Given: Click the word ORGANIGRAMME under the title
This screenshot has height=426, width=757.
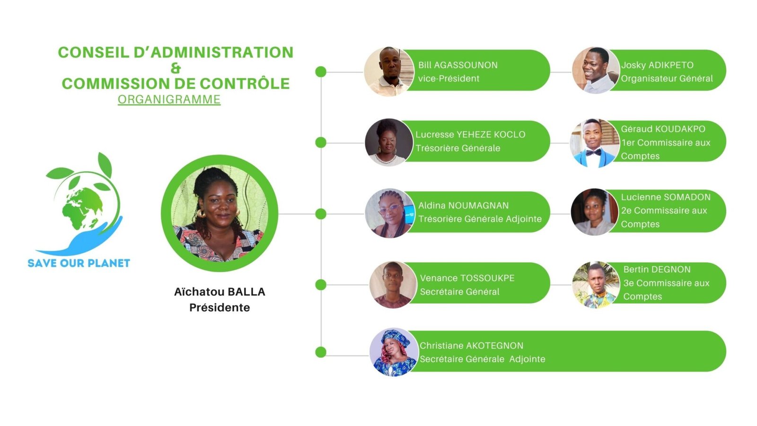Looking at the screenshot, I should (169, 99).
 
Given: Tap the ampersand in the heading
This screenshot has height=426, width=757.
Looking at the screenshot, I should (176, 68).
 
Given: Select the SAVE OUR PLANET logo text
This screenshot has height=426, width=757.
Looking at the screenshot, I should (79, 263).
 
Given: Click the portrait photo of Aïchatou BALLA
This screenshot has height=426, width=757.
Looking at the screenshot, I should (220, 213).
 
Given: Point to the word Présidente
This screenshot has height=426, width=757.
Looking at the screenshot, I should (220, 308).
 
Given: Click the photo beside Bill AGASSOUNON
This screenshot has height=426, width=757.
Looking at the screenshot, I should (388, 71).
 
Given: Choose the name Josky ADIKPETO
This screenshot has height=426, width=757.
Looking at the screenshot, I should (657, 65).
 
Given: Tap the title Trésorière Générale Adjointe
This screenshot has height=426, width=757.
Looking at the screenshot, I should (480, 219).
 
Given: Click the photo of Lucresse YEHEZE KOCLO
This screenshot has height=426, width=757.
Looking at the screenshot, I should (388, 142).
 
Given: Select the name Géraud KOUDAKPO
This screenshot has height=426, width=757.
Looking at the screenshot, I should (663, 129).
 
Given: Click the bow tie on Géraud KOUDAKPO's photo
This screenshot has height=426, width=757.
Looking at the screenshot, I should (593, 152).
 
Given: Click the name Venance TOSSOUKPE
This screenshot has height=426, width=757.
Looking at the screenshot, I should (467, 278).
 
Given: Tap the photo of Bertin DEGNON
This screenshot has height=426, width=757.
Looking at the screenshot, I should (595, 284).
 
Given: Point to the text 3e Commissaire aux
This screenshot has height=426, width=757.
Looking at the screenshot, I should (666, 283).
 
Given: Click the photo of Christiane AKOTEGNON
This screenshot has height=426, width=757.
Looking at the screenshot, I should (393, 352).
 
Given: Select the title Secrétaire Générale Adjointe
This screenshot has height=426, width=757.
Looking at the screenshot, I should (482, 359).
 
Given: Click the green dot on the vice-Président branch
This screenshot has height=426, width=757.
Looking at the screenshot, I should (321, 71).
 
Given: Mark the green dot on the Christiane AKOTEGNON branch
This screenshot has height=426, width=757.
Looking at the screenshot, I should (321, 352).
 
